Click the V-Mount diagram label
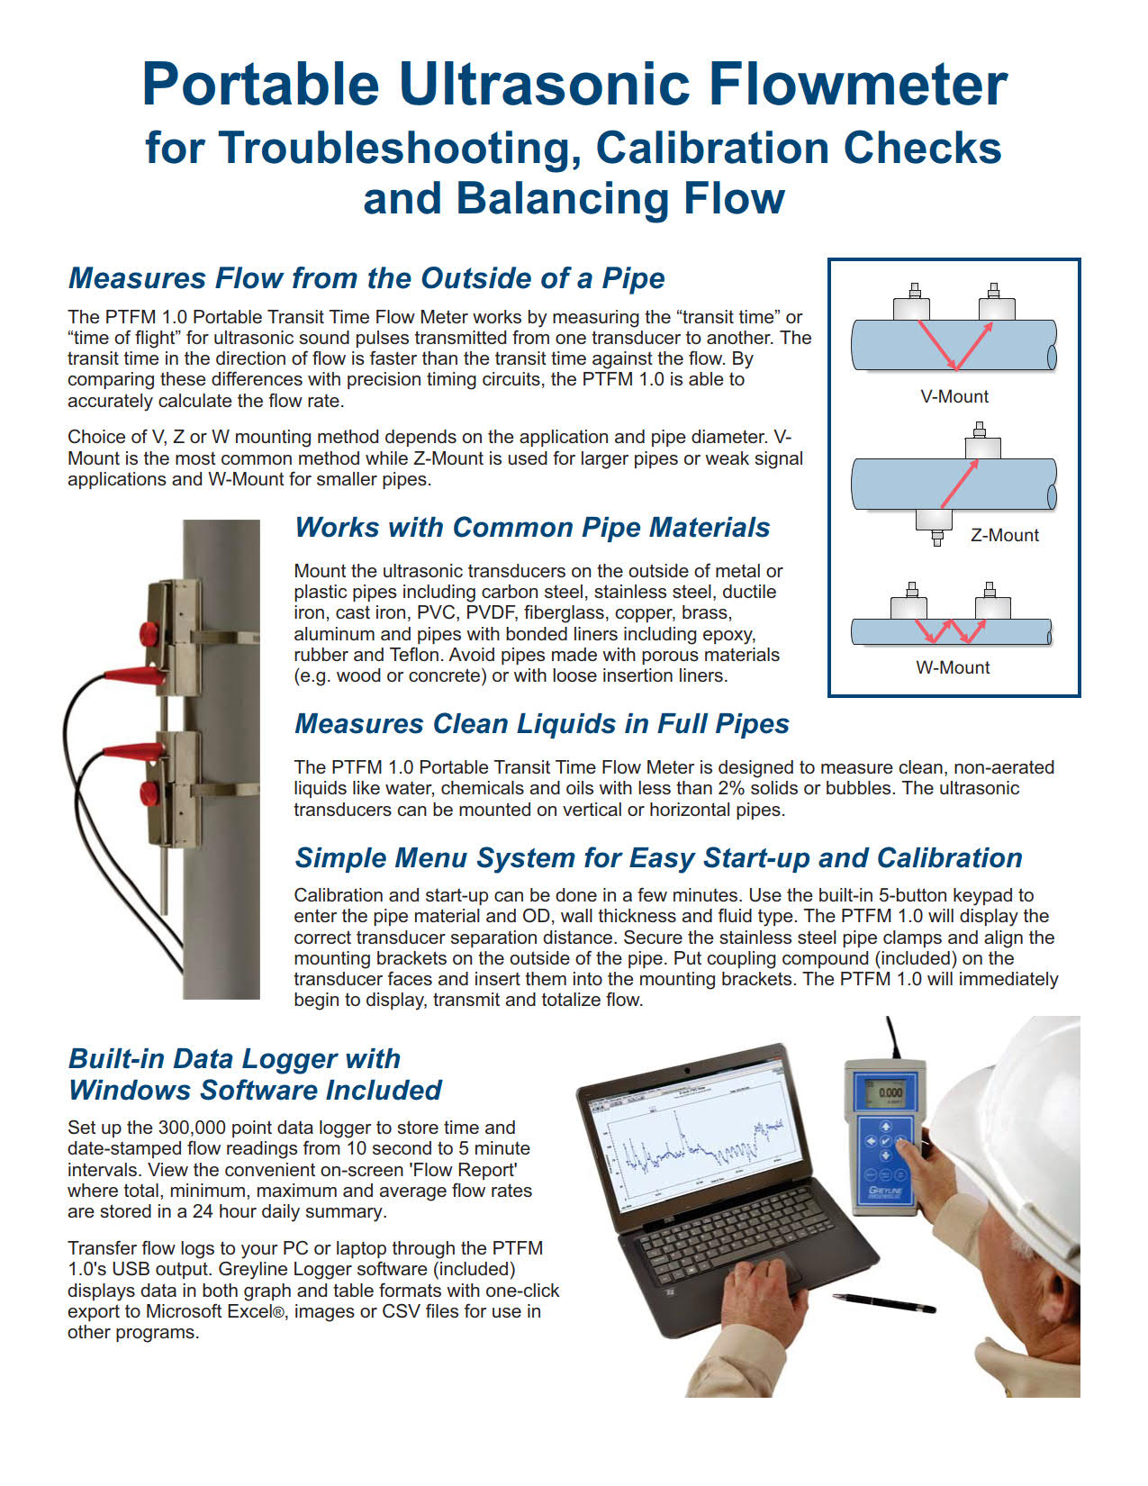coord(954,396)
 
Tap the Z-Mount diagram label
coord(1004,535)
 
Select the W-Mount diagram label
coord(953,667)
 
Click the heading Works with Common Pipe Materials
coord(532,527)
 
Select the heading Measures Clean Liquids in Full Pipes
coord(541,723)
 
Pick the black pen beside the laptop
coord(883,1302)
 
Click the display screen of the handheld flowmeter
coord(889,1093)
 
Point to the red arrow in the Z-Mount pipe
coord(959,484)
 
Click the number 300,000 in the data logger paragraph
coord(195,1128)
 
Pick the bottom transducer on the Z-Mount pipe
coord(934,522)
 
